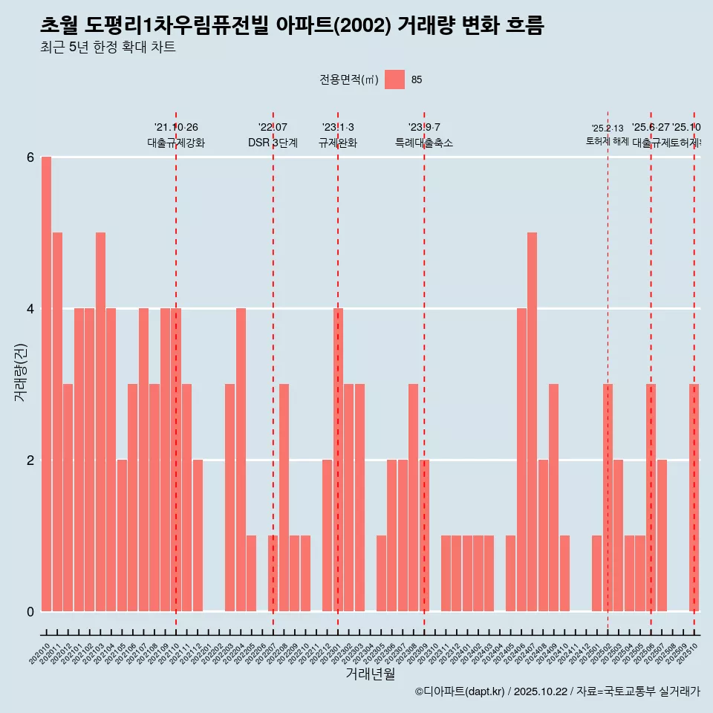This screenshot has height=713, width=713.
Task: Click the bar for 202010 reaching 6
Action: click(46, 384)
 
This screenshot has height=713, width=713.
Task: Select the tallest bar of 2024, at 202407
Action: click(532, 422)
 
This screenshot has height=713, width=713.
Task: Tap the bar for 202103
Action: click(100, 422)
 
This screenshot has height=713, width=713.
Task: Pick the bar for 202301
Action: click(338, 460)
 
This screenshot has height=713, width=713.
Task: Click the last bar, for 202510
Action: click(694, 498)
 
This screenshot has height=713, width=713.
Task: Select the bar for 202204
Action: click(241, 460)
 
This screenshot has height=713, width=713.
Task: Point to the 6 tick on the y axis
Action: click(30, 157)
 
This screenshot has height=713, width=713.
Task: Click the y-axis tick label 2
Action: click(30, 460)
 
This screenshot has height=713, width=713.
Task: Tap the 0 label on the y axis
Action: click(30, 612)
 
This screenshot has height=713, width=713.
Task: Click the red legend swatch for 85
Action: click(395, 79)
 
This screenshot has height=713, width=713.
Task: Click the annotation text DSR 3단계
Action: click(273, 143)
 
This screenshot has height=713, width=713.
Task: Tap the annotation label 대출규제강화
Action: click(176, 143)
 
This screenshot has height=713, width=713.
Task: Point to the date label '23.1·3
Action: click(338, 128)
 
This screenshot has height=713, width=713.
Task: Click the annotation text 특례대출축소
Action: click(424, 143)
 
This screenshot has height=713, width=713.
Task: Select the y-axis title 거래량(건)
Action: click(20, 373)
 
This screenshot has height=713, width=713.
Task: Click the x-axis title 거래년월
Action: click(370, 674)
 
